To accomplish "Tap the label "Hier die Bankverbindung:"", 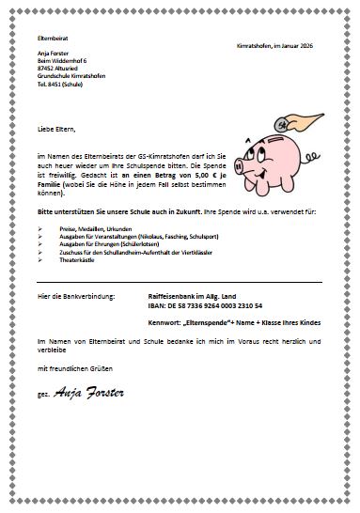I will point(76,297).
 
